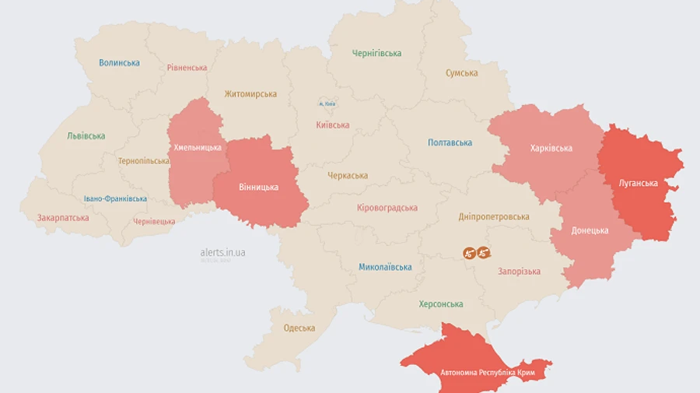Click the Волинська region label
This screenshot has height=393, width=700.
coord(119,62)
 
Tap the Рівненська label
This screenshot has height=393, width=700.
coord(187,68)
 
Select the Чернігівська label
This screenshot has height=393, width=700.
coord(376,54)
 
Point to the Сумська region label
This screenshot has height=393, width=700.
coord(461,73)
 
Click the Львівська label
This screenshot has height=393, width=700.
coord(86,136)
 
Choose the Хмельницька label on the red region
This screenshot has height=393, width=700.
coord(197,147)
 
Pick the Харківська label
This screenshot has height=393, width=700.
coord(551,148)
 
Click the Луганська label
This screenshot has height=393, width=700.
coord(638,184)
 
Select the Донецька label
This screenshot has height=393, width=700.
coord(590,230)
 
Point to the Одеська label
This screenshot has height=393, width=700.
coord(299,328)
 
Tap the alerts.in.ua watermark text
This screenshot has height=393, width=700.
coord(222,253)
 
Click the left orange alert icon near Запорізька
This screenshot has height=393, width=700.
coord(469,253)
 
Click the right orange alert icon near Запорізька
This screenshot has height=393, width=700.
coord(484,253)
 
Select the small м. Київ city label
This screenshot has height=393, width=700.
coord(327,104)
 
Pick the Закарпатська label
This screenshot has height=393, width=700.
coord(63,218)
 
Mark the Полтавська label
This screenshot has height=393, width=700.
coord(450,143)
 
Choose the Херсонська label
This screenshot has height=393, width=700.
coord(441,304)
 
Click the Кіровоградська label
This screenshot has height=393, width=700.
coord(387,208)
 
